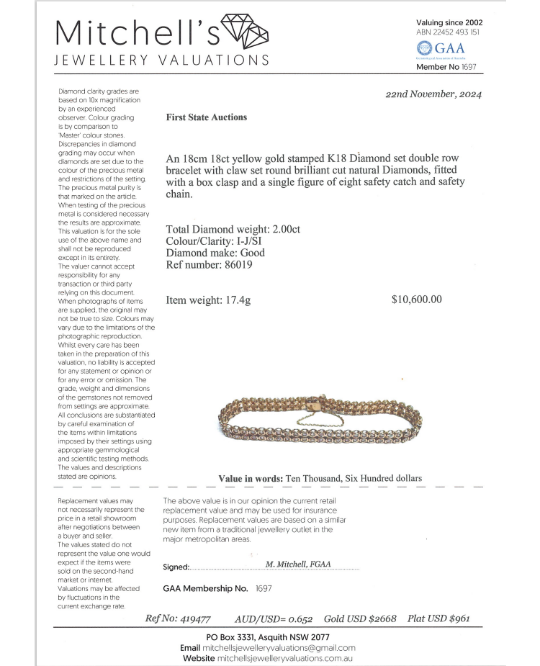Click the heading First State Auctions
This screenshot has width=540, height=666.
[x=207, y=117]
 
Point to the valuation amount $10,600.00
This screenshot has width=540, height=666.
[x=416, y=300]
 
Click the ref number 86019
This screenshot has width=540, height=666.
[x=238, y=264]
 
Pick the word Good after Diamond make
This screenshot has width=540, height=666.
[x=252, y=253]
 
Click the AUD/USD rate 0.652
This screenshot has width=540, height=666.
[x=298, y=618]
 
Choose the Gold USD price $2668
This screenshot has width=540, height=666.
[x=382, y=618]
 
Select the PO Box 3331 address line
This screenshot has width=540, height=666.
[x=268, y=637]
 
